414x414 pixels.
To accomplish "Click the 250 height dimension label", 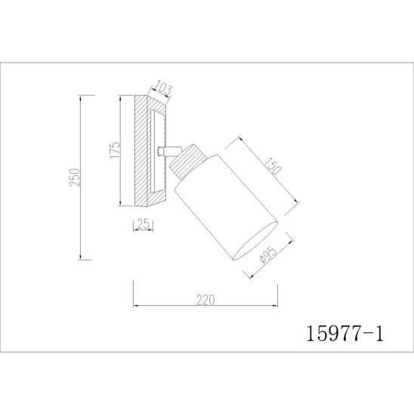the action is pos(75,178).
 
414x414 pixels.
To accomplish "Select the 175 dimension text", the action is pos(115,150).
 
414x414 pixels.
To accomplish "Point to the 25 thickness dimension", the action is pos(144,224).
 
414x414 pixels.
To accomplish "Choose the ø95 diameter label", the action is pos(267,255).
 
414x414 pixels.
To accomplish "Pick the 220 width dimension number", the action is pos(205,300).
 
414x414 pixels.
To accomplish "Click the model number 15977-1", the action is pos(344,334).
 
